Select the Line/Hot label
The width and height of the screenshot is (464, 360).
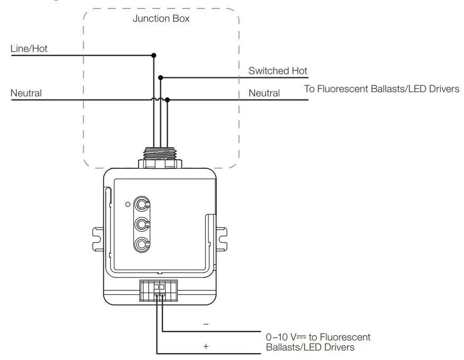pos(29,49)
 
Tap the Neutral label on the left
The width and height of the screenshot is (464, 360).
pos(26,93)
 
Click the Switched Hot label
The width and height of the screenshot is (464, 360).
pos(278,70)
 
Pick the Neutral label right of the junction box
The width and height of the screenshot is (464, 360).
pos(264,93)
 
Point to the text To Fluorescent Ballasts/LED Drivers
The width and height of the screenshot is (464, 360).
pos(381,88)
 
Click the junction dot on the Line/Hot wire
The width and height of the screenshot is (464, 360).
pos(154,55)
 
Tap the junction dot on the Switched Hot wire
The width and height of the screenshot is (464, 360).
pos(161,77)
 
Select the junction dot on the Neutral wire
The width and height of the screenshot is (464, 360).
pos(167,100)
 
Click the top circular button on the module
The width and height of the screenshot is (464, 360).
pos(141,203)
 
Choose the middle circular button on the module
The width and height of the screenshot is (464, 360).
pos(141,224)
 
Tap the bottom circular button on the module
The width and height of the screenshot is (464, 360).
pos(141,244)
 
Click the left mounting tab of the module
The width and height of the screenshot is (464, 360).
pos(97,238)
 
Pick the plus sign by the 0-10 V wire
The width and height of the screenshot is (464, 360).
pos(206,347)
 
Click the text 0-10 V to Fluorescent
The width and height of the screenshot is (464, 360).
pos(317,337)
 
